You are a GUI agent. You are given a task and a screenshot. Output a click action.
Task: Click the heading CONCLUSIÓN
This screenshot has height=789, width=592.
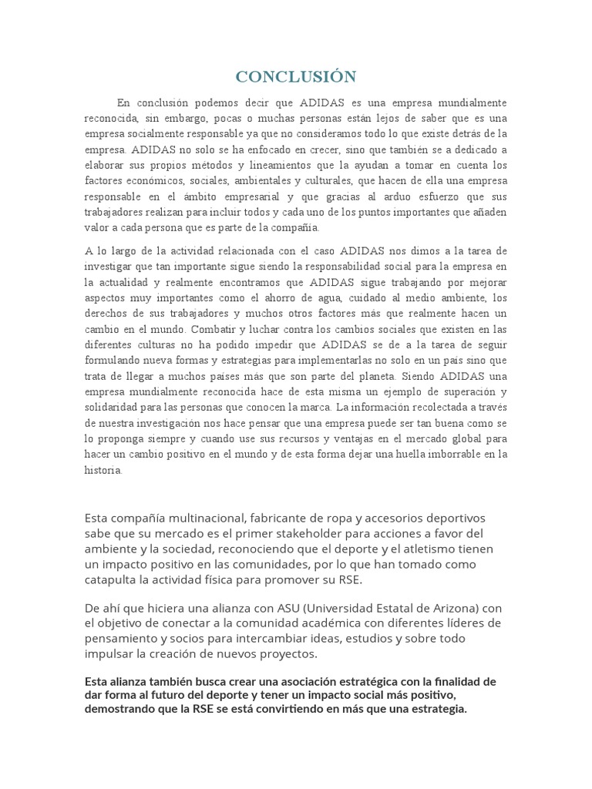(x=296, y=76)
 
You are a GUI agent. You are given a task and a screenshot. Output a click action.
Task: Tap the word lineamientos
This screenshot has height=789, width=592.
(x=289, y=165)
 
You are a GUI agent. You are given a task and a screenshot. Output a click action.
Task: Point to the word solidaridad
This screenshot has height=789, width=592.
(x=111, y=407)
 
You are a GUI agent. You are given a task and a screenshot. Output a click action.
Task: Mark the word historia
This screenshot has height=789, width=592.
(x=103, y=470)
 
